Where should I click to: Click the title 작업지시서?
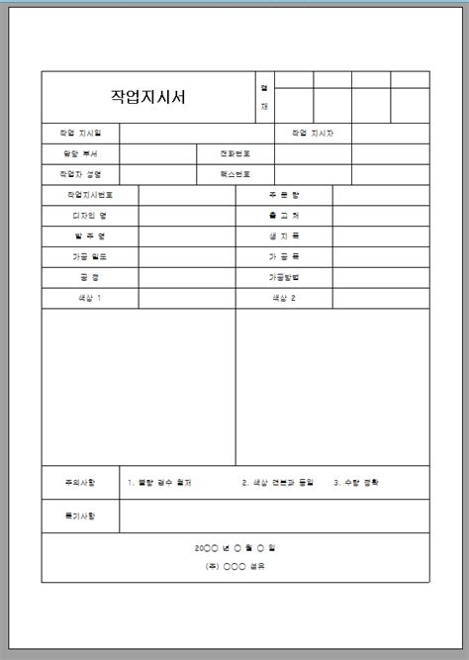pyautogui.click(x=149, y=97)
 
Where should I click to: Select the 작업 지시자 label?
pyautogui.click(x=313, y=133)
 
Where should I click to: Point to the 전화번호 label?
pyautogui.click(x=234, y=153)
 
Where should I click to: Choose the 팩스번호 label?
pyautogui.click(x=234, y=173)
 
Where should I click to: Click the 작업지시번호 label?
pyautogui.click(x=90, y=195)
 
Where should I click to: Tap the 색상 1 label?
pyautogui.click(x=90, y=298)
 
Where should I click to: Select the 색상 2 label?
pyautogui.click(x=284, y=298)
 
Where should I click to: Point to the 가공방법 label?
pyautogui.click(x=284, y=277)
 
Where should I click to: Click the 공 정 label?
pyautogui.click(x=90, y=277)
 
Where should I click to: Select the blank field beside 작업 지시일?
pyautogui.click(x=197, y=133)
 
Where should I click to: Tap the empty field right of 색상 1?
pyautogui.click(x=186, y=298)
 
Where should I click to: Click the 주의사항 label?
pyautogui.click(x=80, y=483)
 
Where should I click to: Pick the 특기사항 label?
pyautogui.click(x=80, y=517)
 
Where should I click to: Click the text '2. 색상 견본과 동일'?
pyautogui.click(x=277, y=483)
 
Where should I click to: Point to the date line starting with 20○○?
pyautogui.click(x=235, y=547)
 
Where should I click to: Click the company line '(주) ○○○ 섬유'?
pyautogui.click(x=235, y=567)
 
